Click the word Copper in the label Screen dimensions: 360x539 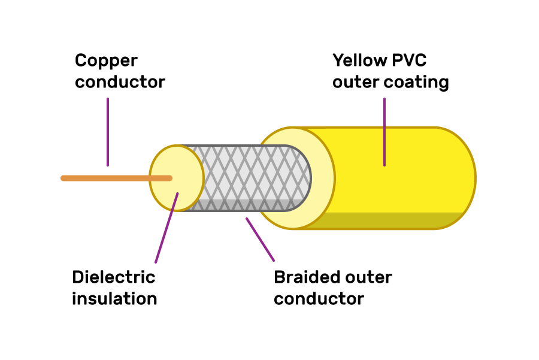(x=106, y=61)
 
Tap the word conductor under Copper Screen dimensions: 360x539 (x=120, y=81)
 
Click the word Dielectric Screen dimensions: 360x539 (x=114, y=277)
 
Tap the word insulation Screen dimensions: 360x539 (x=114, y=298)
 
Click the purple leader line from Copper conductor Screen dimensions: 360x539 (x=108, y=132)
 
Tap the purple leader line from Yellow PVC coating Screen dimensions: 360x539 (x=384, y=132)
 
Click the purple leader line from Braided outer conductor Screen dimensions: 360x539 (x=260, y=239)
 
